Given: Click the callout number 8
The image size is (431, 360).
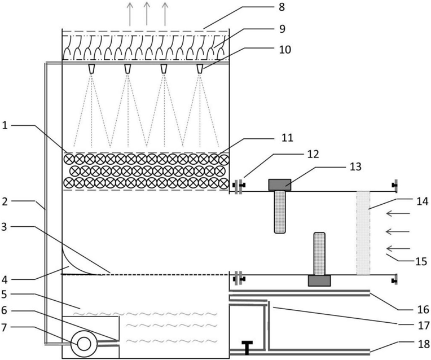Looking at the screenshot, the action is click(282, 7).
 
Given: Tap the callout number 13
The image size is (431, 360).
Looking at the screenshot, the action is click(355, 166).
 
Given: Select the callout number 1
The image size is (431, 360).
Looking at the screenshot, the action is click(5, 126).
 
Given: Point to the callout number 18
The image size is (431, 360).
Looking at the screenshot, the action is click(423, 344).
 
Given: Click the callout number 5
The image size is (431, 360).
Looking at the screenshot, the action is click(4, 295).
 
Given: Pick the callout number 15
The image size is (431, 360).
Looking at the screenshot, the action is click(421, 261).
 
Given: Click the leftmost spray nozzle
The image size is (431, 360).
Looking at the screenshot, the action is click(91, 69).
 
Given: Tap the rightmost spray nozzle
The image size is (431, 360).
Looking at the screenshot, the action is click(200, 69).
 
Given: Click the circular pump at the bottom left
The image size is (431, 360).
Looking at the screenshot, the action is click(84, 344).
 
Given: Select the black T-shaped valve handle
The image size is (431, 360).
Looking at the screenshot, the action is click(247, 347).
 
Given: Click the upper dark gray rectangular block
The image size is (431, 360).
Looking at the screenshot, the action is click(280, 185).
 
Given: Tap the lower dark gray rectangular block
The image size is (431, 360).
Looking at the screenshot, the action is click(319, 281).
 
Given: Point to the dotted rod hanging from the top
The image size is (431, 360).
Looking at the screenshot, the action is click(280, 212).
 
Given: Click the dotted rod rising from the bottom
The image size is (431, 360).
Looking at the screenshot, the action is click(319, 254).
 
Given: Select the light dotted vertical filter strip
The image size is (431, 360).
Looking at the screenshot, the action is click(363, 233).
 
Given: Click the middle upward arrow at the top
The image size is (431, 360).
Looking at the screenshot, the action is click(147, 14).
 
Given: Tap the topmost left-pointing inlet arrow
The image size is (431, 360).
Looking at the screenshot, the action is click(398, 213).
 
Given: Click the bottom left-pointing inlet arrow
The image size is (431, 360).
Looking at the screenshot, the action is click(398, 249).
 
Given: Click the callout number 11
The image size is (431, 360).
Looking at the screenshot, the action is click(287, 138).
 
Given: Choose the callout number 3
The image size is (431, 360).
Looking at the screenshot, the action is click(4, 227).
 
